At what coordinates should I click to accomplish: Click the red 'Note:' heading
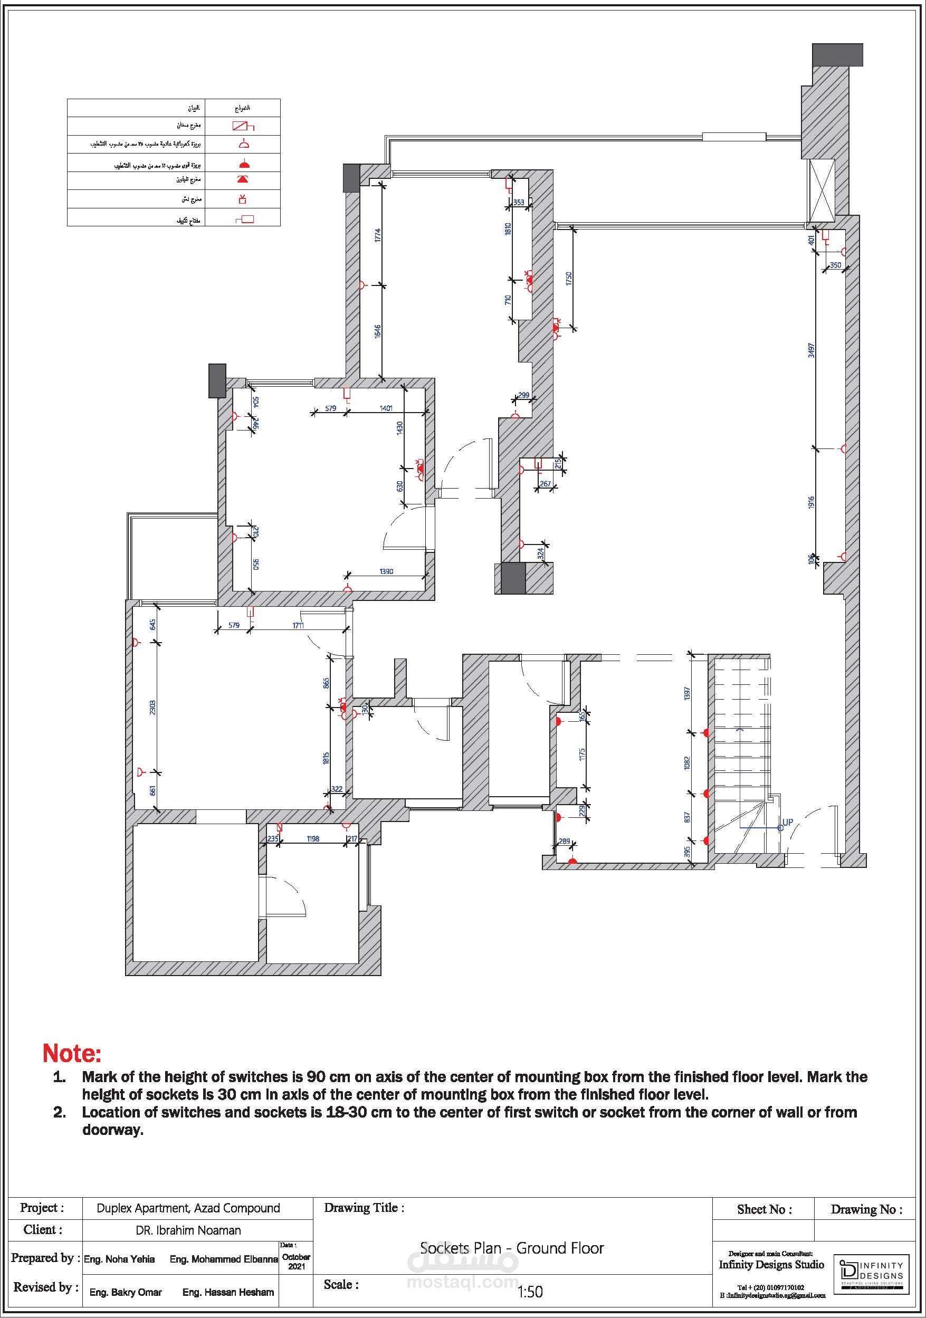coord(72,1053)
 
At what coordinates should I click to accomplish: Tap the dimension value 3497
coord(811,350)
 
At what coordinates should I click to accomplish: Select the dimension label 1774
coord(377,236)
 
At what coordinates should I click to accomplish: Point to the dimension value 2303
coord(152,706)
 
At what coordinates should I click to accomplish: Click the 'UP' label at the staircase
coord(788,822)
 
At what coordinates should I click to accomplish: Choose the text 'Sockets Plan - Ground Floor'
coord(511,1247)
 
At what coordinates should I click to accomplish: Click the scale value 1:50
coord(530,1292)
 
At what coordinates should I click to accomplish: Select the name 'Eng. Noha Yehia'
coord(119,1259)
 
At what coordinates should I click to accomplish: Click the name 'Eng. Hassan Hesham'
coord(228,1292)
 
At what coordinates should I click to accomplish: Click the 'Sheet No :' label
coord(764,1209)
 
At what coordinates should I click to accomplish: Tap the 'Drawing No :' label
coord(866,1209)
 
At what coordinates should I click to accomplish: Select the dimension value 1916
coord(811,502)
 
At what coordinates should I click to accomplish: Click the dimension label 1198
coord(313,839)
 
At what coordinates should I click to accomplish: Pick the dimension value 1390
coord(386,571)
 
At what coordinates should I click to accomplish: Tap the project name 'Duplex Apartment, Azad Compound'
coord(188,1208)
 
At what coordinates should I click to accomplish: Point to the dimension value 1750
coord(569,279)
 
